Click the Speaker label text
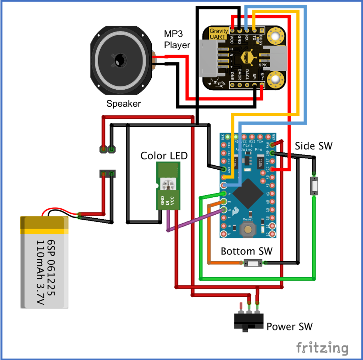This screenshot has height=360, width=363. click(123, 104)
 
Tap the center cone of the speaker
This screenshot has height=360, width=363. click(119, 60)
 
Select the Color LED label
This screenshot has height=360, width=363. click(164, 156)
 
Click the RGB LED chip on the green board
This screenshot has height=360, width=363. click(167, 184)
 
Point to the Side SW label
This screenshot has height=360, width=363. click(314, 146)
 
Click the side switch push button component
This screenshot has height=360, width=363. click(314, 185)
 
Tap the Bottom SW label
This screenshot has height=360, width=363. click(246, 251)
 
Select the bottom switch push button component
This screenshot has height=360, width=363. click(253, 263)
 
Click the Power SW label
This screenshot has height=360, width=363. click(289, 326)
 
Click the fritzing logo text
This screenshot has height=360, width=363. click(322, 347)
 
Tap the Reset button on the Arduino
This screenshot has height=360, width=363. click(248, 230)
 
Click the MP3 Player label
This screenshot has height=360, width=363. click(177, 39)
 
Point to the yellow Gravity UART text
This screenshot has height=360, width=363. click(219, 33)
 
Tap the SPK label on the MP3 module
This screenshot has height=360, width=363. click(263, 65)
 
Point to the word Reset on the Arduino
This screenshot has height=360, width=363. click(248, 219)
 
